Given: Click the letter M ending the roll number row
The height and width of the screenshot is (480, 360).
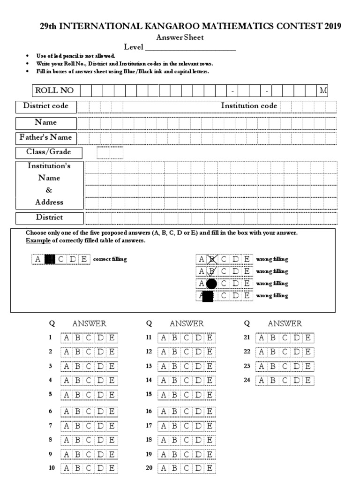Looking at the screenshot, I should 322,90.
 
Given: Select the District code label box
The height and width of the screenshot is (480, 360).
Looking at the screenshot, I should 46,106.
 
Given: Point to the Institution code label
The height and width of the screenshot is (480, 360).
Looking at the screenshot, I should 249,106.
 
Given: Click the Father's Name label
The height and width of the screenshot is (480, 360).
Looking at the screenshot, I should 46,137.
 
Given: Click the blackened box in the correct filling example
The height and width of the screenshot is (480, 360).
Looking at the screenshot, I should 50,259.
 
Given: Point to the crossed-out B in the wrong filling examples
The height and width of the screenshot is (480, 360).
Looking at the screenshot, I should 212,259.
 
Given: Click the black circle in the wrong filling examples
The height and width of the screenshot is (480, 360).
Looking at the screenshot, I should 212,284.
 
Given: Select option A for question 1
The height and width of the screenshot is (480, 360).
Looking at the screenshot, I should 66,337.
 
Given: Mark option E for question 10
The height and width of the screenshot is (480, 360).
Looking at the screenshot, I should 112,468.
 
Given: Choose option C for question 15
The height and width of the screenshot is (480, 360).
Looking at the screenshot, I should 187,395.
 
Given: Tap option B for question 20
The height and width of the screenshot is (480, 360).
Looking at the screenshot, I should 175,468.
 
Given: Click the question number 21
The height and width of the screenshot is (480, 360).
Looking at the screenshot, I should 247,337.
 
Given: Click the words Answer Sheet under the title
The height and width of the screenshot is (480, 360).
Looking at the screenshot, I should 180,37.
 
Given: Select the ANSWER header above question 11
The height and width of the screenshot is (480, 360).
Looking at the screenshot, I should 187,323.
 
